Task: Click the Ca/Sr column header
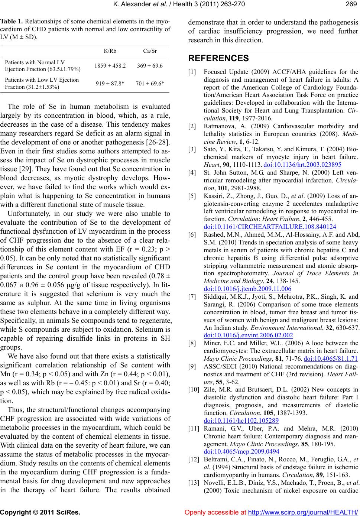tap(150, 51)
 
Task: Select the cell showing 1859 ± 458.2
tap(110, 66)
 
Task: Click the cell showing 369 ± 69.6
tap(150, 66)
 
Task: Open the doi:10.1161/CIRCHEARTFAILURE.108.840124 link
tap(270, 227)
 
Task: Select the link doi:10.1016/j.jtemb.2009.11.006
tap(248, 288)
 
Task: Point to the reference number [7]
tap(193, 297)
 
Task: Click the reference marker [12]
tap(193, 459)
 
